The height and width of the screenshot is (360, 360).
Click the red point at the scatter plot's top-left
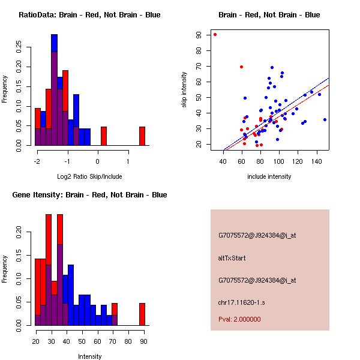[215, 34]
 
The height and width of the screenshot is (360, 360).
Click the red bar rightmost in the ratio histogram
[142, 136]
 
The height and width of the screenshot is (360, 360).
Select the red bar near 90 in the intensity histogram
[142, 314]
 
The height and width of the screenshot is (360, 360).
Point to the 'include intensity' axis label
[269, 176]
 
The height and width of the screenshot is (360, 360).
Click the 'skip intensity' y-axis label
[185, 89]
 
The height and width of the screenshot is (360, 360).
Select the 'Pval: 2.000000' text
[239, 319]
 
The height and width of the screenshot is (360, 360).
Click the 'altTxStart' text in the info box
[232, 258]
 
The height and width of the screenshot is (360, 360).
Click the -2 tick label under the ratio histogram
[37, 161]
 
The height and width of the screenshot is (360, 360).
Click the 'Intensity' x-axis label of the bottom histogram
[89, 356]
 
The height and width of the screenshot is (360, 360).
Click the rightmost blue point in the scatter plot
[325, 119]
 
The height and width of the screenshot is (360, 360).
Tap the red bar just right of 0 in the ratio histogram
[103, 136]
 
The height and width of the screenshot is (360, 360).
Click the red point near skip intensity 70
[241, 67]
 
